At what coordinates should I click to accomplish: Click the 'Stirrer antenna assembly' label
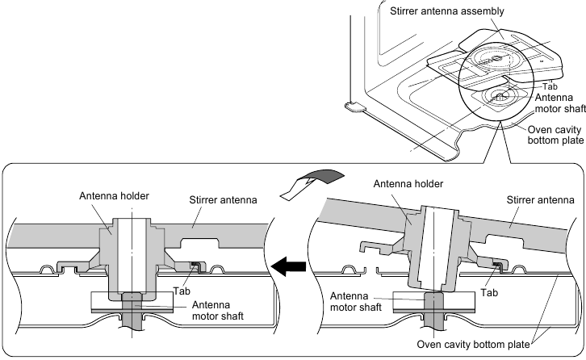435,11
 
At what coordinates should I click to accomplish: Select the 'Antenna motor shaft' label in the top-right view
555,103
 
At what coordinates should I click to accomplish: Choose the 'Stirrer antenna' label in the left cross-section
220,195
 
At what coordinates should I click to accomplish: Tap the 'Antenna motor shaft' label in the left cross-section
216,310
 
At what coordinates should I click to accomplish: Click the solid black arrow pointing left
289,265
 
